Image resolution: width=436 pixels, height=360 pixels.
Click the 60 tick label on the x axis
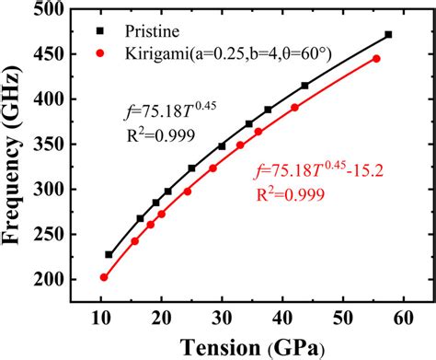pyautogui.click(x=402, y=318)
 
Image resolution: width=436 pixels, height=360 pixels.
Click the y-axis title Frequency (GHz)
pyautogui.click(x=17, y=145)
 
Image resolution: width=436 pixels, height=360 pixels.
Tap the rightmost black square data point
pyautogui.click(x=388, y=35)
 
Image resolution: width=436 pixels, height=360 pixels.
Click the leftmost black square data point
pyautogui.click(x=109, y=254)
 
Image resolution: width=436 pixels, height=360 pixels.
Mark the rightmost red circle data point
pyautogui.click(x=376, y=59)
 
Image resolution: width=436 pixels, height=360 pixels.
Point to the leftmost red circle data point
pyautogui.click(x=104, y=277)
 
